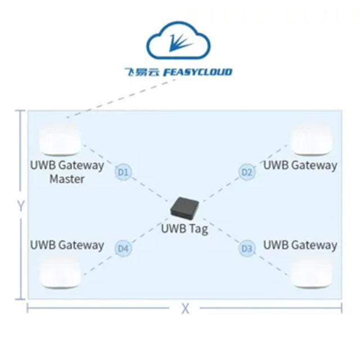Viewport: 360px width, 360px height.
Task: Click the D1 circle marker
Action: [124, 172]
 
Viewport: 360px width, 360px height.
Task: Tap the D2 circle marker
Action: [247, 172]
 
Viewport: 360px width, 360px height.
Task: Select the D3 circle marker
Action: [247, 249]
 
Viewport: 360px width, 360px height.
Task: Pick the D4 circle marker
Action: [124, 249]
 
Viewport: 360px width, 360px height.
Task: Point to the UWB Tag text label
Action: [184, 229]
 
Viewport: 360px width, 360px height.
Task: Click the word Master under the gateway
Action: [67, 179]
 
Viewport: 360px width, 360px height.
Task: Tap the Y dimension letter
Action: [21, 206]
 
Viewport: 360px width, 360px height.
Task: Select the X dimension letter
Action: [185, 309]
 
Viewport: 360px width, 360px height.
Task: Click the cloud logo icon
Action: [178, 40]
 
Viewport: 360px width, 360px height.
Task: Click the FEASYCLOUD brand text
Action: [197, 72]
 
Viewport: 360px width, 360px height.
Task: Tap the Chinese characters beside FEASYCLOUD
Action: [142, 72]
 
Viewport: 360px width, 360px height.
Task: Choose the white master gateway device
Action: [60, 140]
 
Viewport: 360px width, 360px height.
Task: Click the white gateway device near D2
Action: [312, 140]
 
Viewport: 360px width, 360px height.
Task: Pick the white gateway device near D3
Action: [312, 272]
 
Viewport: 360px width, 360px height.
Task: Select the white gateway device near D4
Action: [60, 272]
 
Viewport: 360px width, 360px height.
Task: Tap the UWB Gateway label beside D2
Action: [300, 165]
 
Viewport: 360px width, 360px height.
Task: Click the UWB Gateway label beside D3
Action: [300, 245]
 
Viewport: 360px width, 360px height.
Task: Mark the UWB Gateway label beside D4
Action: [67, 245]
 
